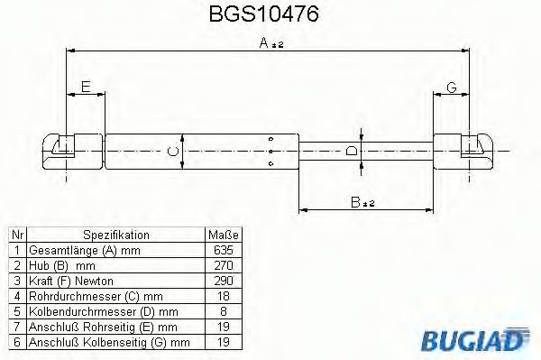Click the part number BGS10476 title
pyautogui.click(x=270, y=15)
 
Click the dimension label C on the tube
pyautogui.click(x=175, y=151)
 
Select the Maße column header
pyautogui.click(x=223, y=234)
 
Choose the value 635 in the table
pyautogui.click(x=224, y=249)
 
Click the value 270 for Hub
pyautogui.click(x=224, y=264)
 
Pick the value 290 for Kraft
pyautogui.click(x=224, y=280)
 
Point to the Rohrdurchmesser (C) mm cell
pyautogui.click(x=96, y=295)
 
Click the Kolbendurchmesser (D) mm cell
pyautogui.click(x=99, y=310)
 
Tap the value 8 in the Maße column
pyautogui.click(x=224, y=310)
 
